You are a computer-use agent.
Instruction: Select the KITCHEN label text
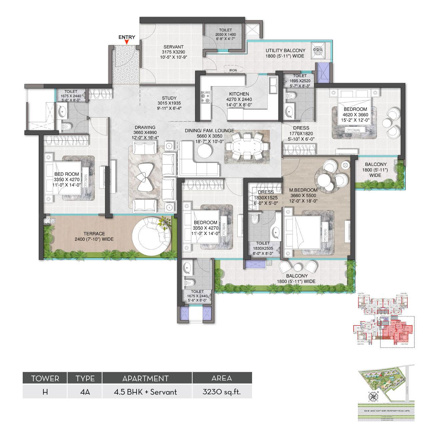(x=239, y=94)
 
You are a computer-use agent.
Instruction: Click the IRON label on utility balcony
(x=233, y=70)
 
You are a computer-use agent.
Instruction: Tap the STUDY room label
(x=169, y=98)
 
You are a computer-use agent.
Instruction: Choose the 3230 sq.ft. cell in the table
(x=222, y=392)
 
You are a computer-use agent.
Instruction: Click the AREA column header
(x=222, y=378)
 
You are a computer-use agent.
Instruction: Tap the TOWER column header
(x=45, y=378)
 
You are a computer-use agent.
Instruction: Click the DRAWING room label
(x=145, y=127)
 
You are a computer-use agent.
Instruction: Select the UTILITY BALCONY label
(x=285, y=50)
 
